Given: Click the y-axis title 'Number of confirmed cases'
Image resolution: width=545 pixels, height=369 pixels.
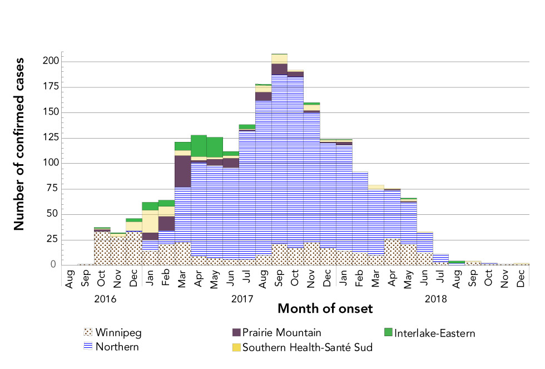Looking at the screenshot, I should [19, 143].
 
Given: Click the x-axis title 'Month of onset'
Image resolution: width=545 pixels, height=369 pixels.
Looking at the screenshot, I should [325, 308].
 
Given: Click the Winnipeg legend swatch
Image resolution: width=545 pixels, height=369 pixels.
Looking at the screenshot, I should [86, 333].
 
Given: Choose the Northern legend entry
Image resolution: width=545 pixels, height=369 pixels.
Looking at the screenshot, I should [117, 347].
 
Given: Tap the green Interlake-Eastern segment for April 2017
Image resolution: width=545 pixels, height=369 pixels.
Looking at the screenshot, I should [199, 146].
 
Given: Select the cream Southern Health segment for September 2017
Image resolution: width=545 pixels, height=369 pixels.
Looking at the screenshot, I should [279, 58].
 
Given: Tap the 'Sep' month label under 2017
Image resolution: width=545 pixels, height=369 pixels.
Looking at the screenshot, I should [279, 281].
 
